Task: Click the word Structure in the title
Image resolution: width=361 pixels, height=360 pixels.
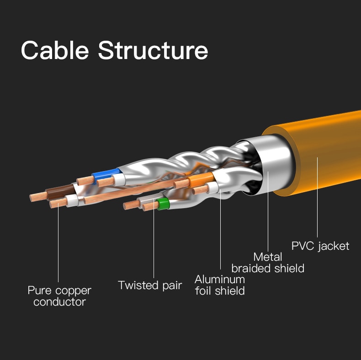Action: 153,50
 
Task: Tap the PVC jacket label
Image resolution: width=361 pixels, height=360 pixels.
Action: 320,246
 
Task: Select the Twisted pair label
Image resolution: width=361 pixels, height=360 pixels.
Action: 150,285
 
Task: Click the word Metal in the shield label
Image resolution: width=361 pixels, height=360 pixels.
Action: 267,257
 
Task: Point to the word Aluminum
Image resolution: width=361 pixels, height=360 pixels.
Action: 220,279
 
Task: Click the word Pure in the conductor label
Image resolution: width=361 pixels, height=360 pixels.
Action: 40,291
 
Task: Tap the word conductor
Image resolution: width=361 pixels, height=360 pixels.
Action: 59,302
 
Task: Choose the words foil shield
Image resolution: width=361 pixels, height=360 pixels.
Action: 220,290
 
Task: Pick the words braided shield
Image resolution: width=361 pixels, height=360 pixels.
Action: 267,269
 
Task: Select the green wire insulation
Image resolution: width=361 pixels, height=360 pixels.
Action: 163,204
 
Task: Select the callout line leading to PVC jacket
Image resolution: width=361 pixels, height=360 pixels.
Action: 317,197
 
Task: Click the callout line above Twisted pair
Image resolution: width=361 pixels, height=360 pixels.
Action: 154,242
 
